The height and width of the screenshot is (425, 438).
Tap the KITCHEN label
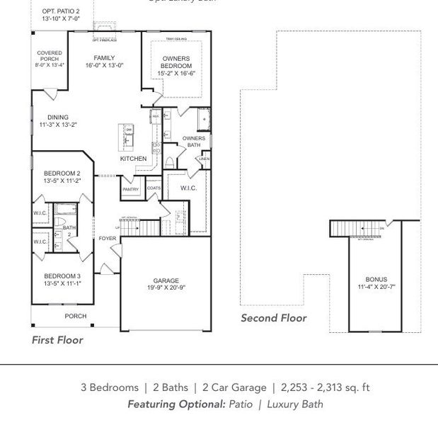tap(133, 159)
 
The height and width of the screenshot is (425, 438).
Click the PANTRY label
tap(131, 189)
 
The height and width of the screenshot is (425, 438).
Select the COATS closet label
tap(154, 188)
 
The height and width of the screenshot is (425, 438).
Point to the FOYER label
tap(108, 239)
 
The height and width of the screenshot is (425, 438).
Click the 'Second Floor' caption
tap(274, 318)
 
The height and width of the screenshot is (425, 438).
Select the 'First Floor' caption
tap(57, 340)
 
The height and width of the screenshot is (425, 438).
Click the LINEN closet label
tap(204, 159)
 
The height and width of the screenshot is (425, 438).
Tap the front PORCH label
tap(76, 316)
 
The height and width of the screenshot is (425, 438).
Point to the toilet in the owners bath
tap(170, 161)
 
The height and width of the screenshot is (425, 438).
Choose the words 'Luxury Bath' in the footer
tap(295, 404)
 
